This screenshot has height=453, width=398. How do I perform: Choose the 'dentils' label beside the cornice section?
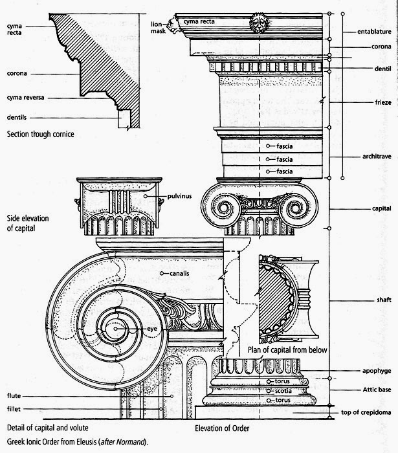point(16,118)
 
